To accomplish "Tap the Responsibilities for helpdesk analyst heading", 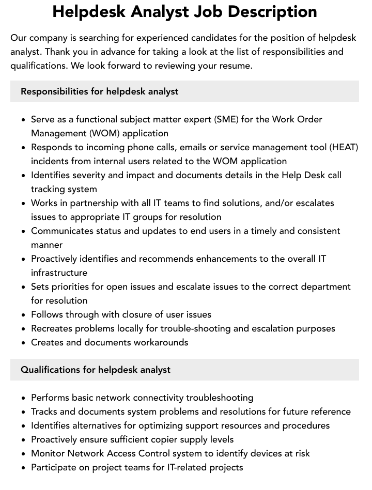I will [99, 91].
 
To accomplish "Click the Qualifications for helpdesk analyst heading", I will [96, 370].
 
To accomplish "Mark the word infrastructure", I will [59, 273].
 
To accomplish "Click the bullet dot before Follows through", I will [23, 314].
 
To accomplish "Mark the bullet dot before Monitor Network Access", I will [23, 453].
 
